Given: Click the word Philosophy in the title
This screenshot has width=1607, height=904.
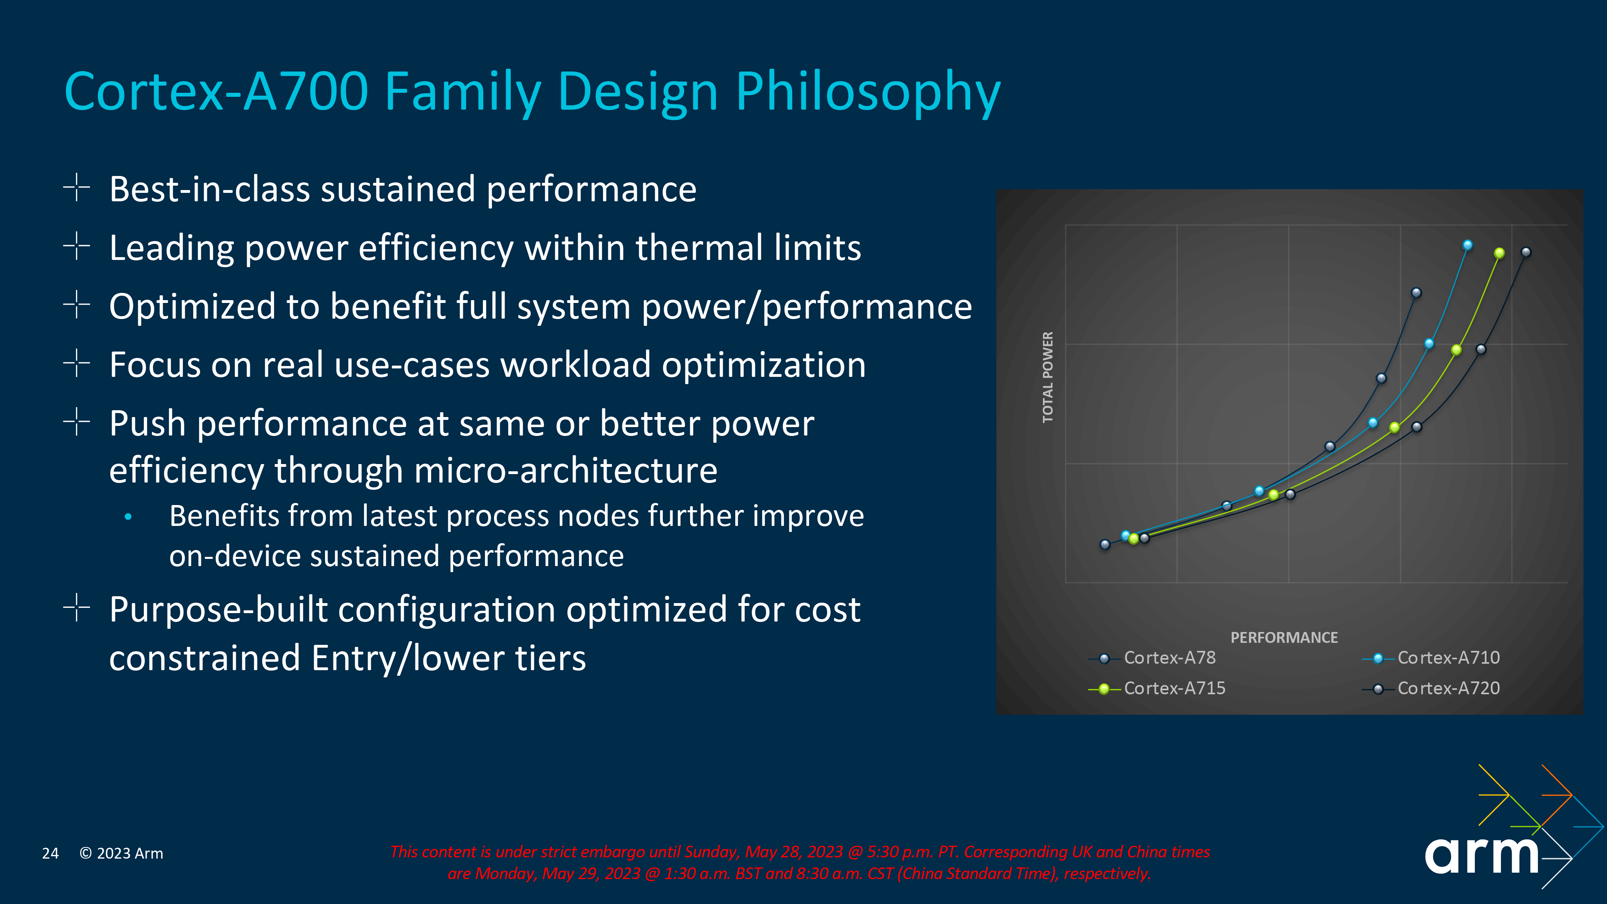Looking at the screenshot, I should pyautogui.click(x=867, y=92).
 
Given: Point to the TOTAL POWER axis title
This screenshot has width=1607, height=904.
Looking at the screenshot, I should pyautogui.click(x=1047, y=377).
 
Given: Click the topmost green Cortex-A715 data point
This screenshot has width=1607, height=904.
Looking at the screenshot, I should pyautogui.click(x=1499, y=253).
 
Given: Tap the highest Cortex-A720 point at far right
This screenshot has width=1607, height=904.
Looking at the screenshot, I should pyautogui.click(x=1526, y=252).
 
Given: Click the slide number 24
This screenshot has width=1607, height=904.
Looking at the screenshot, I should pyautogui.click(x=50, y=853).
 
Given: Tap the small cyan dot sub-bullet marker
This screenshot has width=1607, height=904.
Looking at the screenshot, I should pyautogui.click(x=128, y=517).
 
